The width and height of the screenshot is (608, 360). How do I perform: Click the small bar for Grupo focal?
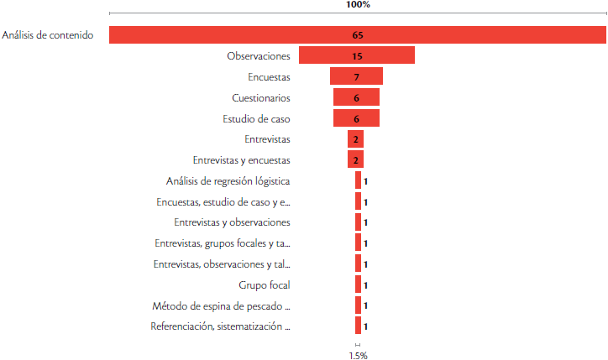pyautogui.click(x=358, y=284)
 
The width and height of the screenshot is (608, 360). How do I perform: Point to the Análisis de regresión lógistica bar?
pyautogui.click(x=358, y=180)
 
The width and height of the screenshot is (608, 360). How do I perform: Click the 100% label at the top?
pyautogui.click(x=358, y=5)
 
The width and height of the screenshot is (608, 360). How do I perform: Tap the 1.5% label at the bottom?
pyautogui.click(x=358, y=355)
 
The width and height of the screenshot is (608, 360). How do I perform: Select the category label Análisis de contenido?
pyautogui.click(x=47, y=35)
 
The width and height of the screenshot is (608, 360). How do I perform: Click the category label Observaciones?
pyautogui.click(x=259, y=56)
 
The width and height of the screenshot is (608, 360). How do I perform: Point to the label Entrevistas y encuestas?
pyautogui.click(x=242, y=159)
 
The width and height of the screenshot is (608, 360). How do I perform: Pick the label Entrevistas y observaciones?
pyautogui.click(x=233, y=222)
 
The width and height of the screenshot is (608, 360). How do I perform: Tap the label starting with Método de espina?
pyautogui.click(x=222, y=305)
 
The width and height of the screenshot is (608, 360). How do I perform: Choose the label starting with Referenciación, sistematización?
pyautogui.click(x=221, y=326)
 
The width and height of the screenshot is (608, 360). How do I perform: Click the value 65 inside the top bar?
pyautogui.click(x=358, y=35)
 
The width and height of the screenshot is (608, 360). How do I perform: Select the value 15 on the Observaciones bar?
pyautogui.click(x=357, y=56)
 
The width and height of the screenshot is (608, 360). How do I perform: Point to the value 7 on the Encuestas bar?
pyautogui.click(x=357, y=77)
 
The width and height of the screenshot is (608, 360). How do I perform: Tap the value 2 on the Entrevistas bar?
pyautogui.click(x=356, y=139)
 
